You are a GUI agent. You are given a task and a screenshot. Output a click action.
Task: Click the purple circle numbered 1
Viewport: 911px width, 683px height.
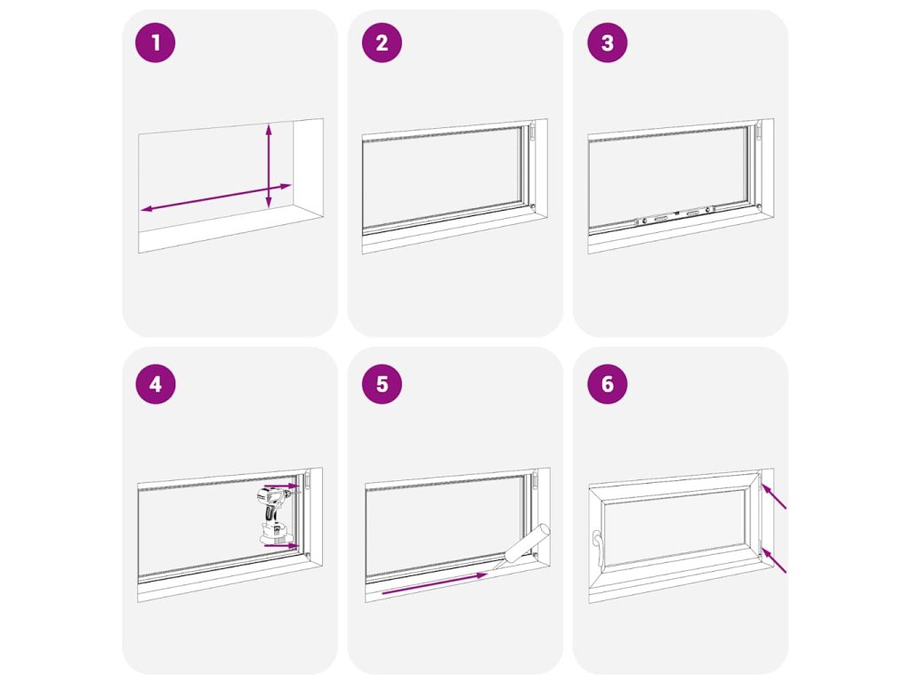[155, 43]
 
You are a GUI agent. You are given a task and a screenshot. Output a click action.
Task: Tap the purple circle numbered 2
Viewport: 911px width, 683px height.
[382, 43]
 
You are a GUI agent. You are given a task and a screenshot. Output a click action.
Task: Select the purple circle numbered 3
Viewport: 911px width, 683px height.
[607, 43]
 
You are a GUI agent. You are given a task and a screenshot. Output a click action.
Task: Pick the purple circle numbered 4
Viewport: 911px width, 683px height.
[155, 384]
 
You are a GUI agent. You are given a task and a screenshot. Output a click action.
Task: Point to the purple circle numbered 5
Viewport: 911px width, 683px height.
[382, 384]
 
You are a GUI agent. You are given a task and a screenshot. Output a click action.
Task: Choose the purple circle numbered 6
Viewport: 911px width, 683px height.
[607, 384]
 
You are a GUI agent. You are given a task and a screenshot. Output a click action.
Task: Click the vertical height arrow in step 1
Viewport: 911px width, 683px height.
[269, 165]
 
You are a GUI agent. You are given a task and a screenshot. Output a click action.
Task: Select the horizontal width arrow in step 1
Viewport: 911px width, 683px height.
[215, 197]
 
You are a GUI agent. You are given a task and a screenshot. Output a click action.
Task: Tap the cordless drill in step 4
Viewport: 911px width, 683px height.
[274, 517]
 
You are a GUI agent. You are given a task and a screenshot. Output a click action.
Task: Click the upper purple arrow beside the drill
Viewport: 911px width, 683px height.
[281, 486]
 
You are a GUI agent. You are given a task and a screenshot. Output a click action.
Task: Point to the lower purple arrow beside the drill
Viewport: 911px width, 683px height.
[281, 545]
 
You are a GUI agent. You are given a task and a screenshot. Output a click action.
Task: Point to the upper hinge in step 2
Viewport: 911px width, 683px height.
[532, 132]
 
